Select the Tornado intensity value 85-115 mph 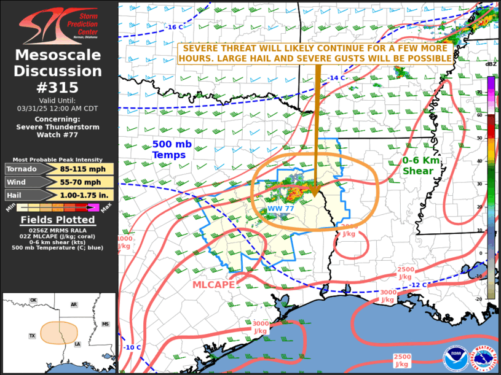pos(87,169)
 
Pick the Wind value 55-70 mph pos(87,182)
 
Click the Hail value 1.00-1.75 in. pos(87,195)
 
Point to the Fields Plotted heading pos(58,220)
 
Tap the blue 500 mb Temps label pos(169,150)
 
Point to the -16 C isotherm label pos(174,27)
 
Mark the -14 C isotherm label pos(336,78)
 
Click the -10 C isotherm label pos(132,348)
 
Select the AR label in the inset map pos(73,304)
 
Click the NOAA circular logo pos(456,358)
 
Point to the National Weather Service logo pos(483,358)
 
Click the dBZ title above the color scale pos(490,63)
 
